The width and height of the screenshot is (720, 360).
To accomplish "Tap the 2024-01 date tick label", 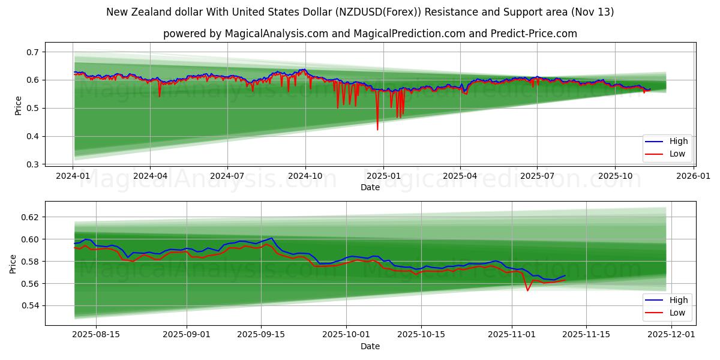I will coord(73,176).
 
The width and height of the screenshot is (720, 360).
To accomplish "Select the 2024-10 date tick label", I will coord(305,176).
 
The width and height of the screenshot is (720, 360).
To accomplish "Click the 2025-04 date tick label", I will coord(460,176).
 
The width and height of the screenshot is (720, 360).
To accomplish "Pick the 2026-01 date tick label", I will coord(694,176).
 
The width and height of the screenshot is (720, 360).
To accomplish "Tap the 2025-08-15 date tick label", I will coord(97,335).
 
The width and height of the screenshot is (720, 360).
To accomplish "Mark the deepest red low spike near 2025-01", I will coord(377,130).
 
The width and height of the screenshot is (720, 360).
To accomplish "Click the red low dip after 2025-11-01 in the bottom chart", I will coord(527,291).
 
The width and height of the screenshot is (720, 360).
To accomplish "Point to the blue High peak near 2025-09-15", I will coord(272,238).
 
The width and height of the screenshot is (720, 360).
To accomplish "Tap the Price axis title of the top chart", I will coord(18,106).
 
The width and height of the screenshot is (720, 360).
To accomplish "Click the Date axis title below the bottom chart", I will coord(370,346).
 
